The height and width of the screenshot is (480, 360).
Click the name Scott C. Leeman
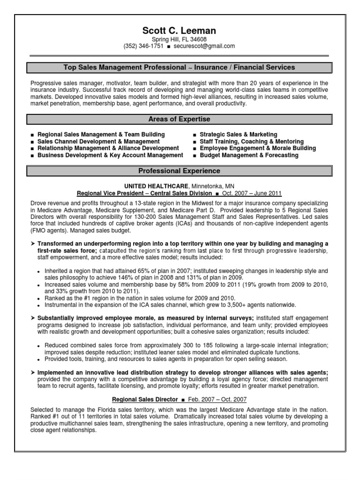180,31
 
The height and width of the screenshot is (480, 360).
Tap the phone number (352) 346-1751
143,46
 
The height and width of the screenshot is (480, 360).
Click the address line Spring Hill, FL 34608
180,39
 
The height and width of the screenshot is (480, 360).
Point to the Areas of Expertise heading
180,120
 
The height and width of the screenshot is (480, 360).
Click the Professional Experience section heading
180,171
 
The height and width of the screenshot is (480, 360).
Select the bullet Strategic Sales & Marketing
239,135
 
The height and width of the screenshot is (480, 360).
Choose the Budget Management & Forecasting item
249,155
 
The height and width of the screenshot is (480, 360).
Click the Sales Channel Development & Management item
98,142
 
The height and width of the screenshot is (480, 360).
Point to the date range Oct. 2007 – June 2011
252,193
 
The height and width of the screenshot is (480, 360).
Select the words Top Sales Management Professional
125,68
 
